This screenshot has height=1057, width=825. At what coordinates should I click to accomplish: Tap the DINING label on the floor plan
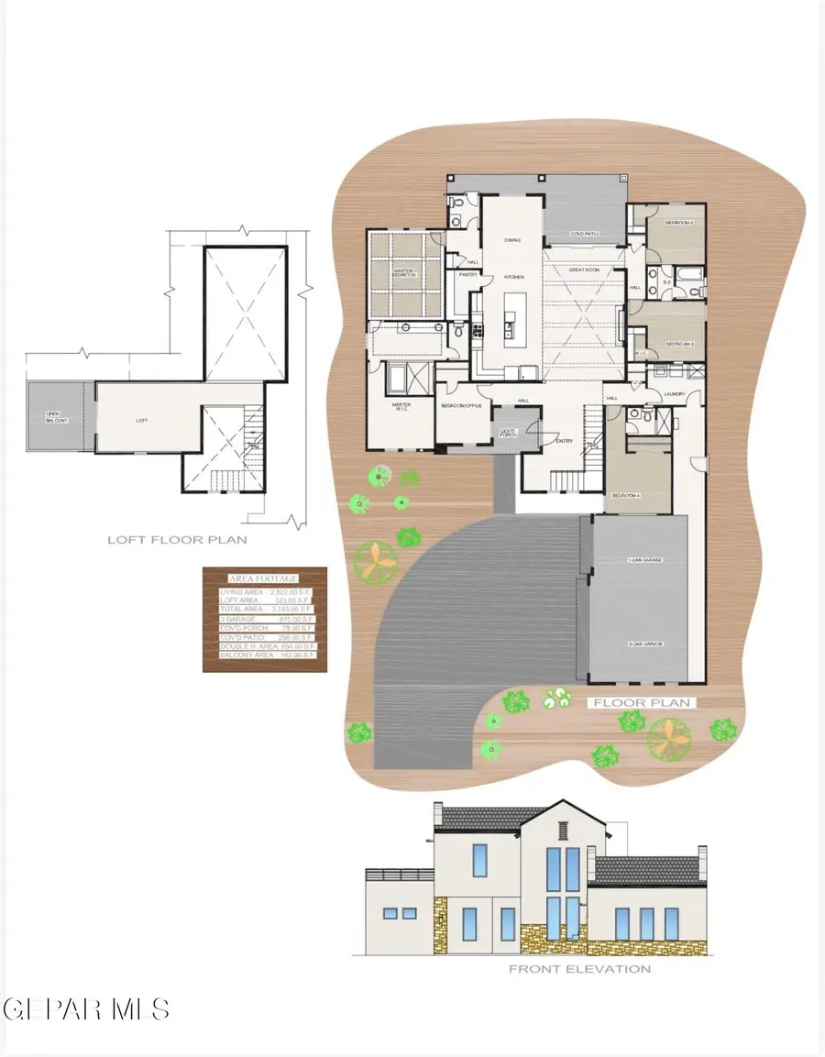512,240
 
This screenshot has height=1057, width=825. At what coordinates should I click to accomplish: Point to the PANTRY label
469,274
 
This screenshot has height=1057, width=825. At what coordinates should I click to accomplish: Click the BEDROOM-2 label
678,223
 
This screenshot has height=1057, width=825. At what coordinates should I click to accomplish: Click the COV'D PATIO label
584,234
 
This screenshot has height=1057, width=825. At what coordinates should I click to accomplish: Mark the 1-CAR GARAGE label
644,559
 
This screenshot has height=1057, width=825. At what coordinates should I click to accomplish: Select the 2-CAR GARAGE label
644,644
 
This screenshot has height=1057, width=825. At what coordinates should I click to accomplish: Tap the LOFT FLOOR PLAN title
177,540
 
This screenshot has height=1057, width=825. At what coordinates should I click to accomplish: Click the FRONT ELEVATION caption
580,969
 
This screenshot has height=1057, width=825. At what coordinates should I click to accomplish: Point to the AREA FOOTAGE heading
264,578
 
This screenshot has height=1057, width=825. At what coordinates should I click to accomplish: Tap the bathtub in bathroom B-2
688,273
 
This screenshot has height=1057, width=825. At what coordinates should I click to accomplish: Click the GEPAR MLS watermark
85,1009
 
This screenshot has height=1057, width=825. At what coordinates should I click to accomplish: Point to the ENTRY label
565,441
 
